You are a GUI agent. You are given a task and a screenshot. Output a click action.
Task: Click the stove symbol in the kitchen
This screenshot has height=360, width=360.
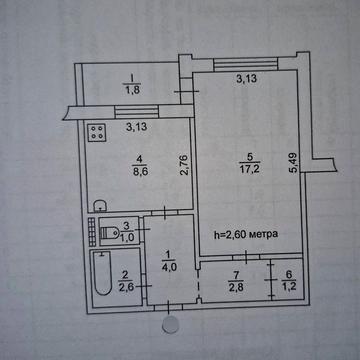coord(97,133)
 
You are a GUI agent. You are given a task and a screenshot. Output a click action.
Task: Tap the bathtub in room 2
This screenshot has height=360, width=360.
coord(103,273)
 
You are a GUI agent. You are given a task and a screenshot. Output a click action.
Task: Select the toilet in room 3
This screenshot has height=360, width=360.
coord(109,232)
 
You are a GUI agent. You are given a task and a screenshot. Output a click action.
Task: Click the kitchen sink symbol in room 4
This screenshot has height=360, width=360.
coord(100,206)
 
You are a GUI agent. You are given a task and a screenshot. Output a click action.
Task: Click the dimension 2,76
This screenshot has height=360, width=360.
coord(186,164)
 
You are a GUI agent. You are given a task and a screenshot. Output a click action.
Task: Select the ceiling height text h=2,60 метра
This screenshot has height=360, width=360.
coord(246,234)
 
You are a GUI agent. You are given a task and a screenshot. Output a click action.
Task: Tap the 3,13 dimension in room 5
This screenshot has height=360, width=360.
coord(246,79)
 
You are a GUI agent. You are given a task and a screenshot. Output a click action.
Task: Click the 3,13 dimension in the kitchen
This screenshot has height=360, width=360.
coord(137,127)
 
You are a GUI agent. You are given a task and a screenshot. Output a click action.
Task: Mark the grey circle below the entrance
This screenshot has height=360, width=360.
coord(170,324)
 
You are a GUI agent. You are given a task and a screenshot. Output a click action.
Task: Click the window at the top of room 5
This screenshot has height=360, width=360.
coord(246,64)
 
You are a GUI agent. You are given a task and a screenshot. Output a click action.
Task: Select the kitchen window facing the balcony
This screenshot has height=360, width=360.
coord(136,112)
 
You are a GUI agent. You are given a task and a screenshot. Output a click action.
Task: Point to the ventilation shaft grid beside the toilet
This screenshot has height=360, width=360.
coord(92,232)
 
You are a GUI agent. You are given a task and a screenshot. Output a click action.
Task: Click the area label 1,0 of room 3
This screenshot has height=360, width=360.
coord(126,234)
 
